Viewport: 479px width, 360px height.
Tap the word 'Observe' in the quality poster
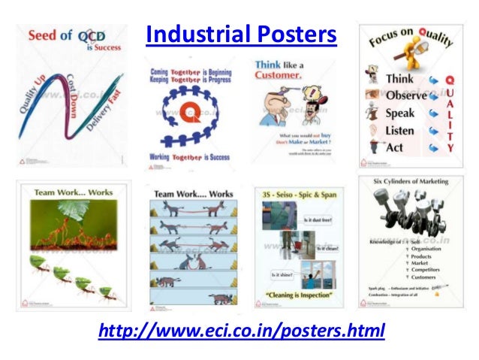(405, 96)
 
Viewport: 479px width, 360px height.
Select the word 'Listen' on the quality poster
(399, 131)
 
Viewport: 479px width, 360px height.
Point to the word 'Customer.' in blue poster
(278, 76)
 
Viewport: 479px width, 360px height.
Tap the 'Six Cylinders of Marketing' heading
(411, 182)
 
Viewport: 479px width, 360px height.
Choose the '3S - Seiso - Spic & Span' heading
(295, 195)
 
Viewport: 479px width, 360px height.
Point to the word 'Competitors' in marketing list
(429, 268)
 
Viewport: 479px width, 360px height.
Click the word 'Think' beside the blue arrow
(399, 79)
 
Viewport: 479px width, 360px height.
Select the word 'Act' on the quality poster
(394, 148)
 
